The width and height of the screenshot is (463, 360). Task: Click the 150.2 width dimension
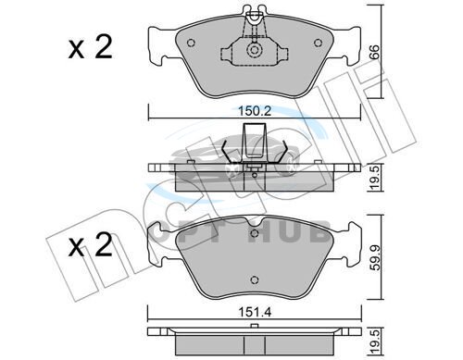(255, 111)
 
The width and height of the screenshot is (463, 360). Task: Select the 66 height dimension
(373, 52)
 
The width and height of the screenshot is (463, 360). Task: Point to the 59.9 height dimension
(375, 258)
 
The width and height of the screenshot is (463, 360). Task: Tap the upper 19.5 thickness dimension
(374, 179)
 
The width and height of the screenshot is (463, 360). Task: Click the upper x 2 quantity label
(90, 48)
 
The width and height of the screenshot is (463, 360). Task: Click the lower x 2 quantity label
(90, 245)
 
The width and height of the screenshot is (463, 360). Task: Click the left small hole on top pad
(191, 43)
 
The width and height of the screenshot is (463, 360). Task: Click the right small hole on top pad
(318, 43)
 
